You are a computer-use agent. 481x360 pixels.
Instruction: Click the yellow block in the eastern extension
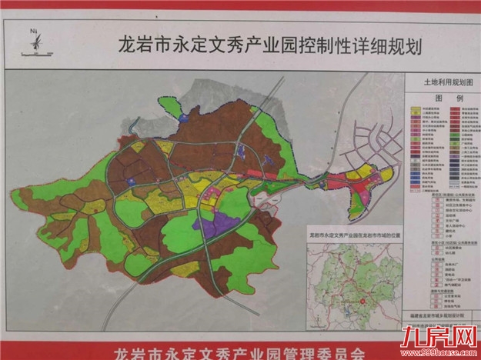click(355, 176)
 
